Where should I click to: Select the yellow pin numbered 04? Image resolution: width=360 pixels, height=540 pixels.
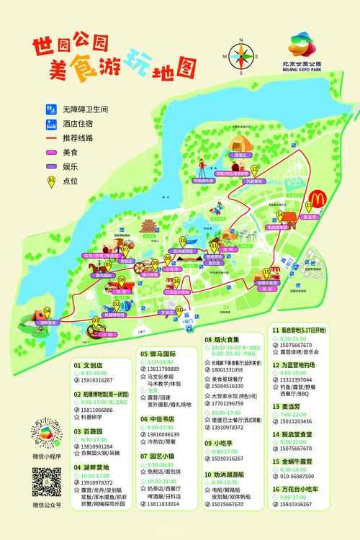(x=48, y=311)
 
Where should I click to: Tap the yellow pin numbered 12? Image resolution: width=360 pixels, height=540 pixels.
(x=254, y=169)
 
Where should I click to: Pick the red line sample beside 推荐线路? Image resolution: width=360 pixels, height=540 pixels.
(x=52, y=138)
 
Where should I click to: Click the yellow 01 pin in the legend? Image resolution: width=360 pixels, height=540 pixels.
(x=51, y=181)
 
